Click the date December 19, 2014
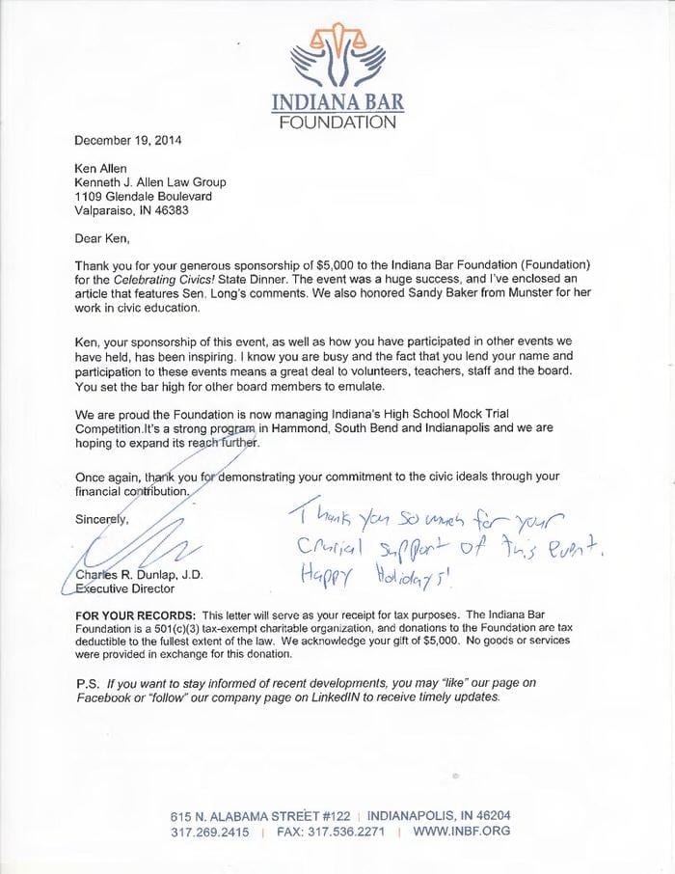pos(127,139)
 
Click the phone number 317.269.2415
pos(209,832)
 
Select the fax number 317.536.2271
pos(344,832)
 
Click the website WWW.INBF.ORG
pos(461,832)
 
